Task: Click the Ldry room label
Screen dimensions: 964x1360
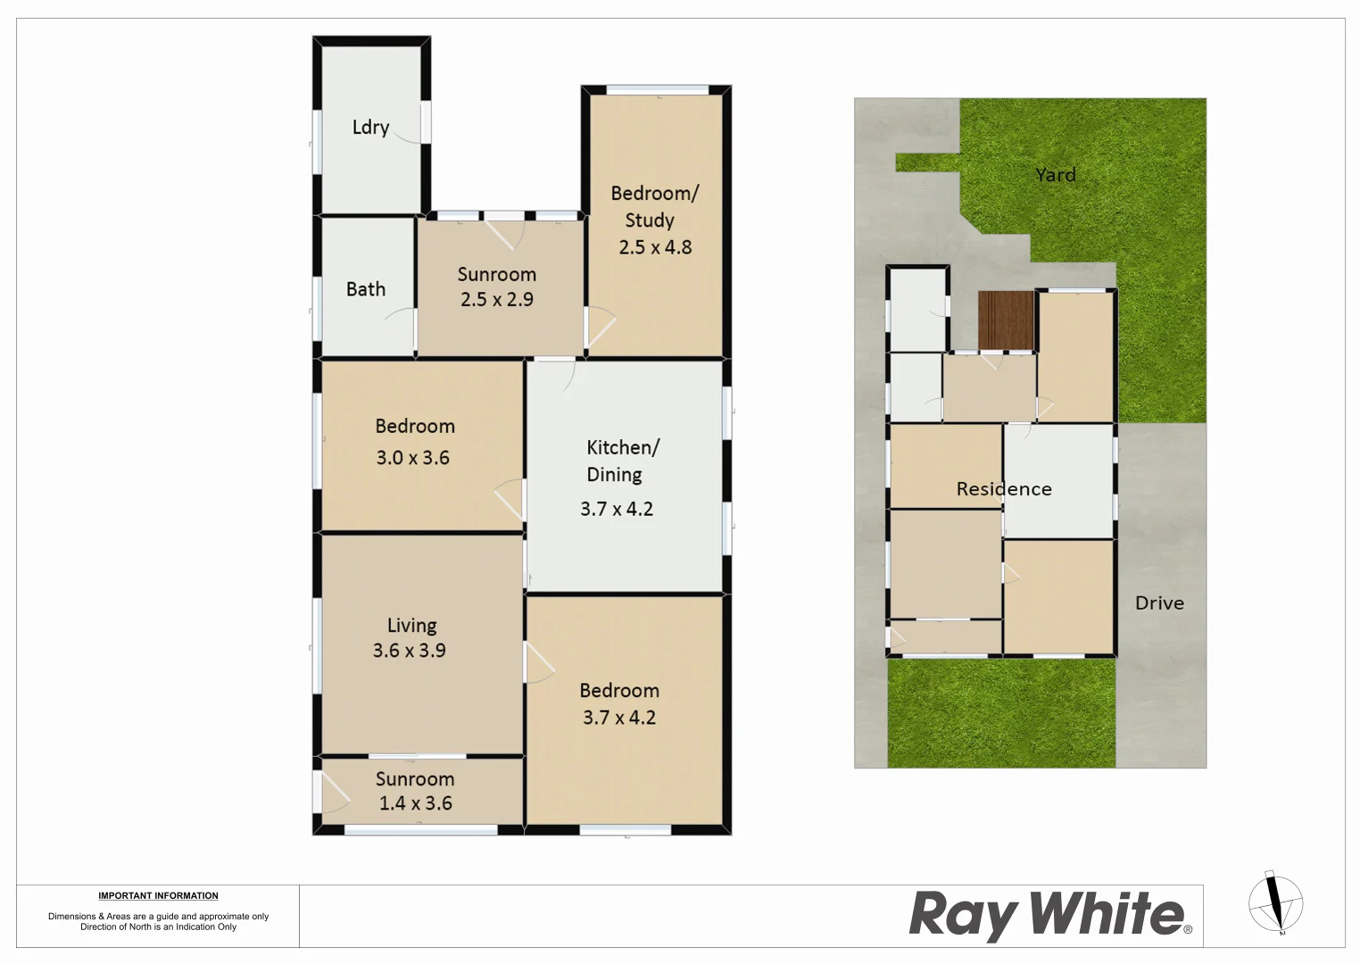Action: click(370, 128)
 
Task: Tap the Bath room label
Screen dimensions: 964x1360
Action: click(366, 289)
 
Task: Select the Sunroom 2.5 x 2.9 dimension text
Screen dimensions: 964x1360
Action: click(497, 300)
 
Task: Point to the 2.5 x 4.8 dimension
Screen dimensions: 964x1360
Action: click(655, 247)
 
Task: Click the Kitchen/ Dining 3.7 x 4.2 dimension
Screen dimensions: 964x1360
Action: click(617, 509)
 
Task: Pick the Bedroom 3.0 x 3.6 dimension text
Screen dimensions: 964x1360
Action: click(412, 458)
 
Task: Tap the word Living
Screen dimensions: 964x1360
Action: click(411, 626)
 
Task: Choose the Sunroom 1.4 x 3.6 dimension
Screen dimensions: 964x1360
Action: click(415, 803)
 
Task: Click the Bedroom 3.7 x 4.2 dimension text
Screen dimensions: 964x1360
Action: click(619, 718)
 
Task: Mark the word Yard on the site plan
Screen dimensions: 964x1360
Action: click(1056, 175)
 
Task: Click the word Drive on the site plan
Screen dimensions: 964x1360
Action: click(1159, 603)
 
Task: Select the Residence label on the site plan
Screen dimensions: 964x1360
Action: click(1004, 489)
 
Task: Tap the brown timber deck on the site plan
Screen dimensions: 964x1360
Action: click(1006, 320)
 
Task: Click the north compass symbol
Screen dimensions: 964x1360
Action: click(1276, 903)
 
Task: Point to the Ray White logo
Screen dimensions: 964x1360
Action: click(1049, 915)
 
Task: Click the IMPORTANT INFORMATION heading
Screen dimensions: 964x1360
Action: click(158, 895)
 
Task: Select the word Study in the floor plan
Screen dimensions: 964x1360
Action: click(649, 220)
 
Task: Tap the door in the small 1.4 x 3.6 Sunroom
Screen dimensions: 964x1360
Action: click(334, 793)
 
